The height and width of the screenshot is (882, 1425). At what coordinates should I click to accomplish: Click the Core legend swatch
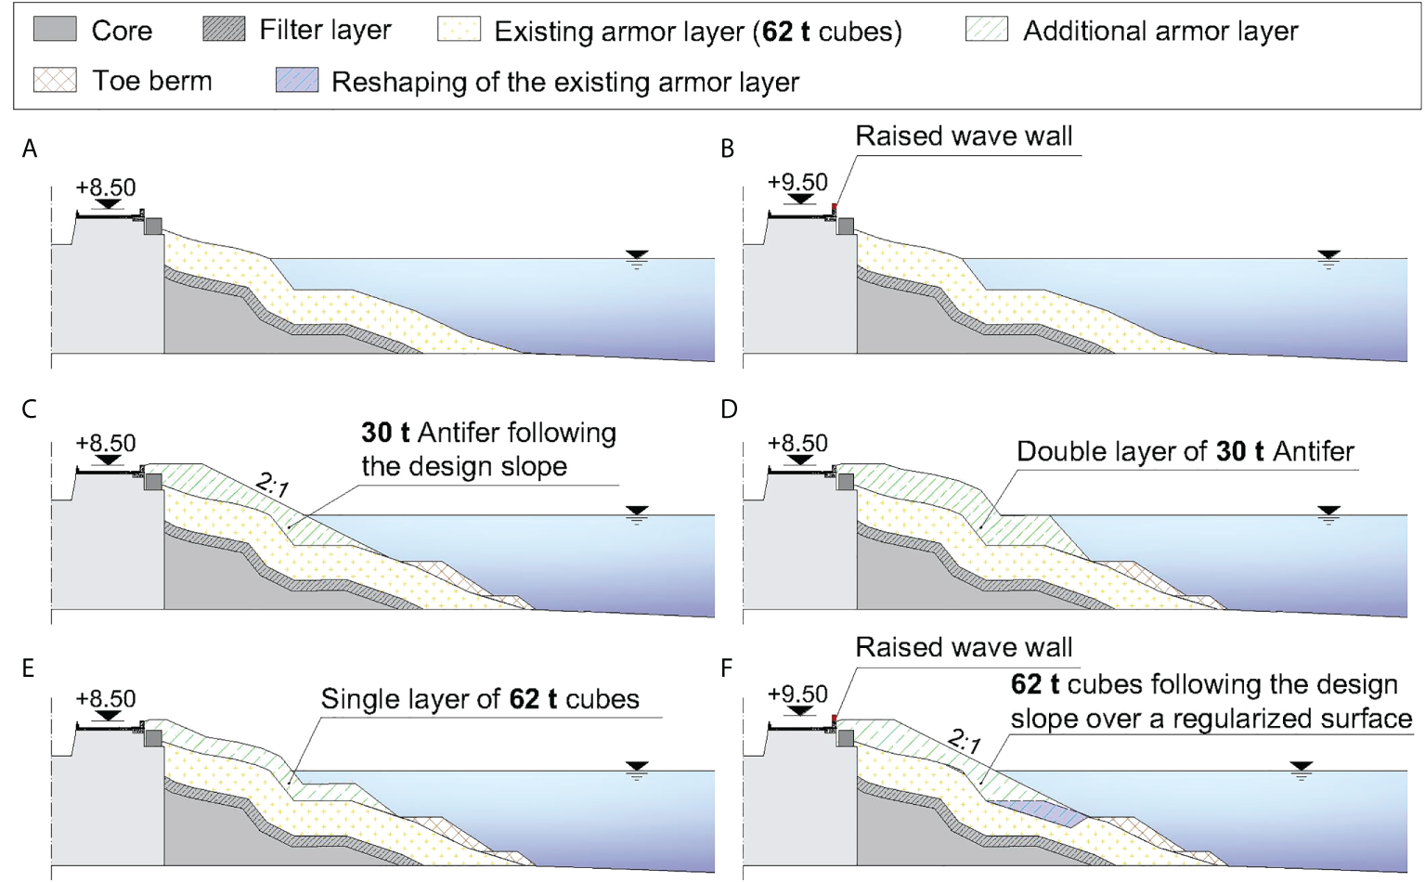pyautogui.click(x=55, y=29)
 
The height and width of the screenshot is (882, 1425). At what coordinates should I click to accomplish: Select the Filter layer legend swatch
pyautogui.click(x=224, y=29)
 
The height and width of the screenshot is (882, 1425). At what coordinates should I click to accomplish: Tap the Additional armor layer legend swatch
pyautogui.click(x=986, y=29)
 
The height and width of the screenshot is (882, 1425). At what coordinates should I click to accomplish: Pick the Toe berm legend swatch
pyautogui.click(x=55, y=80)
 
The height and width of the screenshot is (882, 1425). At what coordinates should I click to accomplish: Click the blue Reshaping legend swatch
pyautogui.click(x=297, y=80)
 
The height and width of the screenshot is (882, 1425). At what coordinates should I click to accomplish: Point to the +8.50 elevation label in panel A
pyautogui.click(x=106, y=188)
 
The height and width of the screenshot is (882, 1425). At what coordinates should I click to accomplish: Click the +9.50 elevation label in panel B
pyautogui.click(x=797, y=182)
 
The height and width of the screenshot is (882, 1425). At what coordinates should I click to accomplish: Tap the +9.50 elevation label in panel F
pyautogui.click(x=797, y=694)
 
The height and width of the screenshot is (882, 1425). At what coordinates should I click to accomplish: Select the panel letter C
pyautogui.click(x=30, y=409)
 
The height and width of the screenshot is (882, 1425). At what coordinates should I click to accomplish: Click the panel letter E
pyautogui.click(x=28, y=668)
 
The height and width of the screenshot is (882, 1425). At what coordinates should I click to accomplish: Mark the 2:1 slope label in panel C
pyautogui.click(x=272, y=485)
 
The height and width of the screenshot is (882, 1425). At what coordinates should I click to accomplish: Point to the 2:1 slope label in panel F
pyautogui.click(x=965, y=741)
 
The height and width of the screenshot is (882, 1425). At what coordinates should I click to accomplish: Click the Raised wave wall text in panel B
pyautogui.click(x=964, y=136)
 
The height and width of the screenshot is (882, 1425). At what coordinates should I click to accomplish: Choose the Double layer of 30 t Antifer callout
pyautogui.click(x=1185, y=452)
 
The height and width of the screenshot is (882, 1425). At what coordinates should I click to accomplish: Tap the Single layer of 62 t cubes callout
pyautogui.click(x=480, y=699)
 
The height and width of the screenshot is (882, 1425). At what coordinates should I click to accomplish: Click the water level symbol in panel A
pyautogui.click(x=636, y=257)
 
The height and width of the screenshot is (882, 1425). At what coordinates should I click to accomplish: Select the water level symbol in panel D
pyautogui.click(x=1328, y=513)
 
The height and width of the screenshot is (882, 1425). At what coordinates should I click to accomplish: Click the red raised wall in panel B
pyautogui.click(x=835, y=208)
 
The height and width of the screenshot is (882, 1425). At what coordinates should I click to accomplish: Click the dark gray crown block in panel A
pyautogui.click(x=153, y=226)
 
